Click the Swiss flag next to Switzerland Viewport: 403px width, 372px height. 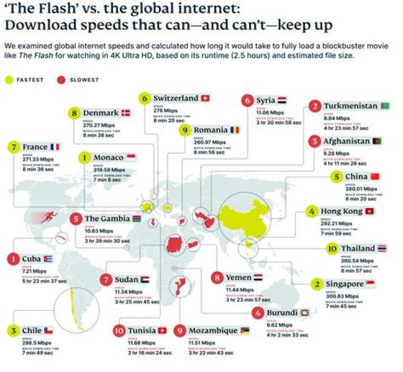(x=204, y=98)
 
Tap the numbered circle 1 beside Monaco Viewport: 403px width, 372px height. (x=85, y=158)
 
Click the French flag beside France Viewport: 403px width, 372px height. (x=55, y=147)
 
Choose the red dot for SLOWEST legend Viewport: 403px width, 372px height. (x=62, y=79)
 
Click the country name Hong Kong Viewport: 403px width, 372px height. (x=341, y=211)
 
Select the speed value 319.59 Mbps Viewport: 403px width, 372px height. (x=109, y=169)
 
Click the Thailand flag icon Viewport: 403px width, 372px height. (x=382, y=248)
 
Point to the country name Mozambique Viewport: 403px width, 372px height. (x=213, y=331)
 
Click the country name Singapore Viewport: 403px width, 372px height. (x=345, y=285)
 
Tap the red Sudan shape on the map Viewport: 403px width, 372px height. (x=174, y=245)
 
